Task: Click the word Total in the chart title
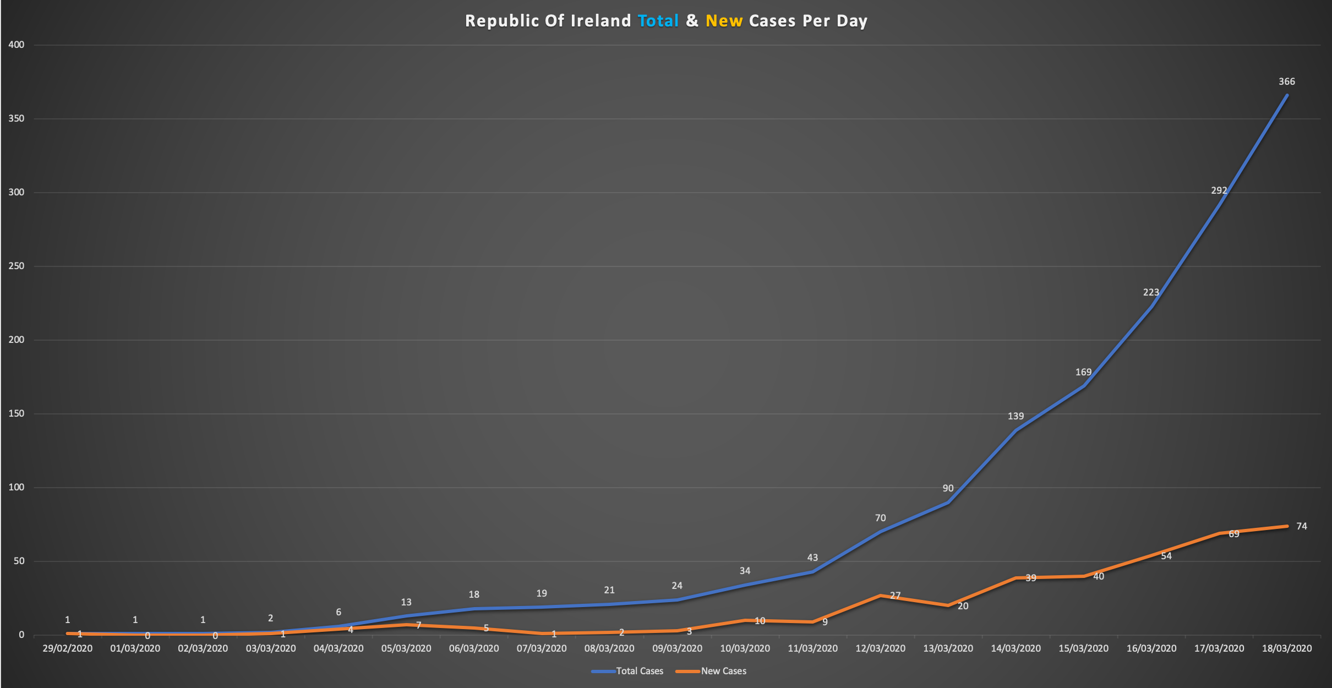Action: pyautogui.click(x=658, y=21)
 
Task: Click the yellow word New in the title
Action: pyautogui.click(x=724, y=21)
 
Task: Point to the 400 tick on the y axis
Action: pyautogui.click(x=17, y=45)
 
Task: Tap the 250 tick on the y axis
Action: pyautogui.click(x=17, y=266)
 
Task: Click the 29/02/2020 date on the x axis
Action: pyautogui.click(x=67, y=648)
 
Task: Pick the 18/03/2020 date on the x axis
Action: pyautogui.click(x=1287, y=648)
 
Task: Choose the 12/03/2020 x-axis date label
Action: pyautogui.click(x=880, y=648)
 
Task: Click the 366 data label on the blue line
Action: pyautogui.click(x=1287, y=82)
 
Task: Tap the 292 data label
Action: pyautogui.click(x=1219, y=190)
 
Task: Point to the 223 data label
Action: pyautogui.click(x=1151, y=292)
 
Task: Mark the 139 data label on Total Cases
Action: pyautogui.click(x=1016, y=416)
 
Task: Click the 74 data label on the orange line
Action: pyautogui.click(x=1301, y=526)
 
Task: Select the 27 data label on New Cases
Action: pyautogui.click(x=895, y=596)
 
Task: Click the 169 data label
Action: pyautogui.click(x=1083, y=372)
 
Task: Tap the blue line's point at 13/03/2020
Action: pyautogui.click(x=948, y=503)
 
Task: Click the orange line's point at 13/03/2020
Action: pyautogui.click(x=948, y=605)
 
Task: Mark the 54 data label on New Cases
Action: pyautogui.click(x=1166, y=556)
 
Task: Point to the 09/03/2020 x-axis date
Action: pyautogui.click(x=677, y=648)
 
